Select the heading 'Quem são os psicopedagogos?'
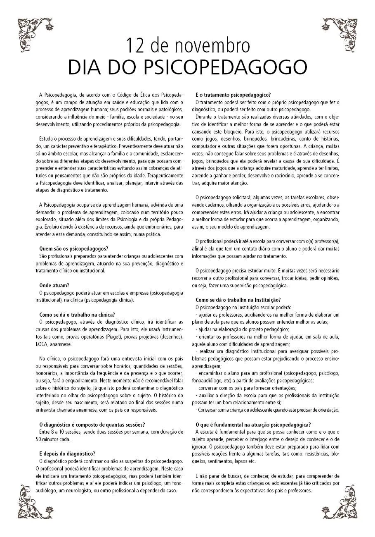click(x=73, y=248)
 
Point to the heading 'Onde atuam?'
click(x=54, y=285)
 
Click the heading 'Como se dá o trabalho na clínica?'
click(x=77, y=314)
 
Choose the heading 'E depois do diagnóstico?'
click(x=67, y=453)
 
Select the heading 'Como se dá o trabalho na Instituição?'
click(x=238, y=300)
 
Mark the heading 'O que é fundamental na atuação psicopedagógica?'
click(x=253, y=425)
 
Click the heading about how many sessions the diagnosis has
click(x=92, y=425)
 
